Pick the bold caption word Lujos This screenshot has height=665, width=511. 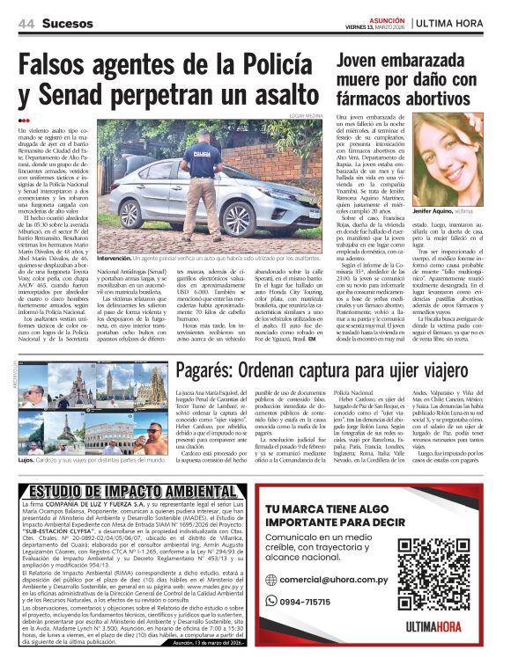click(x=27, y=459)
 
